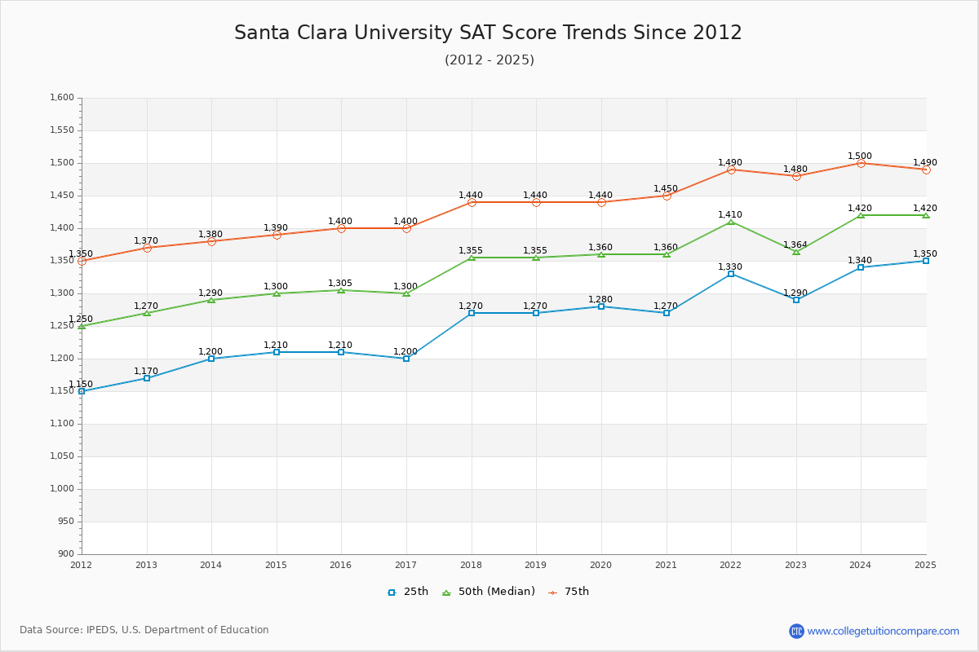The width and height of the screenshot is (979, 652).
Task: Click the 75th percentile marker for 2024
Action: point(861,163)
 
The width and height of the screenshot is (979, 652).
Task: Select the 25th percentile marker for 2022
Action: point(731,274)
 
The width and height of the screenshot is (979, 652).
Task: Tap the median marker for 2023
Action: point(796,252)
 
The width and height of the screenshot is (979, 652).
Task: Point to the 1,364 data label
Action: point(795,244)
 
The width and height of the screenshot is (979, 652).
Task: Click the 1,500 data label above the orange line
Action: point(860,156)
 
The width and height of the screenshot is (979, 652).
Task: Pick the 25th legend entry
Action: point(408,592)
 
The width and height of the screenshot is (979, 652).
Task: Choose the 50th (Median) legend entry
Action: point(489,592)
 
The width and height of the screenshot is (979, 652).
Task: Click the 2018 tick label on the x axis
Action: point(471,565)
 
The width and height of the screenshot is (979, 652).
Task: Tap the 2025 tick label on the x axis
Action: point(925,565)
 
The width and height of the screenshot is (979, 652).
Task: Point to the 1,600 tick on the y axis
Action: point(61,98)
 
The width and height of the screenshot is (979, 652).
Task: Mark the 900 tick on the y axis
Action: point(65,554)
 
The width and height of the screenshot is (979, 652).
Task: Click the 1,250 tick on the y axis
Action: point(61,326)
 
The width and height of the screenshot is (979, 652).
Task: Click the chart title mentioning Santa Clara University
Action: point(488,33)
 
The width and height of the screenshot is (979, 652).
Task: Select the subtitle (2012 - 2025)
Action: point(489,59)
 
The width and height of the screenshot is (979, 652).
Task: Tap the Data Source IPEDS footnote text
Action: point(144,630)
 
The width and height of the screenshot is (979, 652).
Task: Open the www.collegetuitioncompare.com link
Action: point(883,631)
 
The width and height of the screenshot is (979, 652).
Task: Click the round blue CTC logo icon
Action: point(796,631)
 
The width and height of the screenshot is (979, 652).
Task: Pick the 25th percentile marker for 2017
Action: point(406,359)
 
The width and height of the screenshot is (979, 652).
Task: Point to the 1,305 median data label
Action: point(340,283)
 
